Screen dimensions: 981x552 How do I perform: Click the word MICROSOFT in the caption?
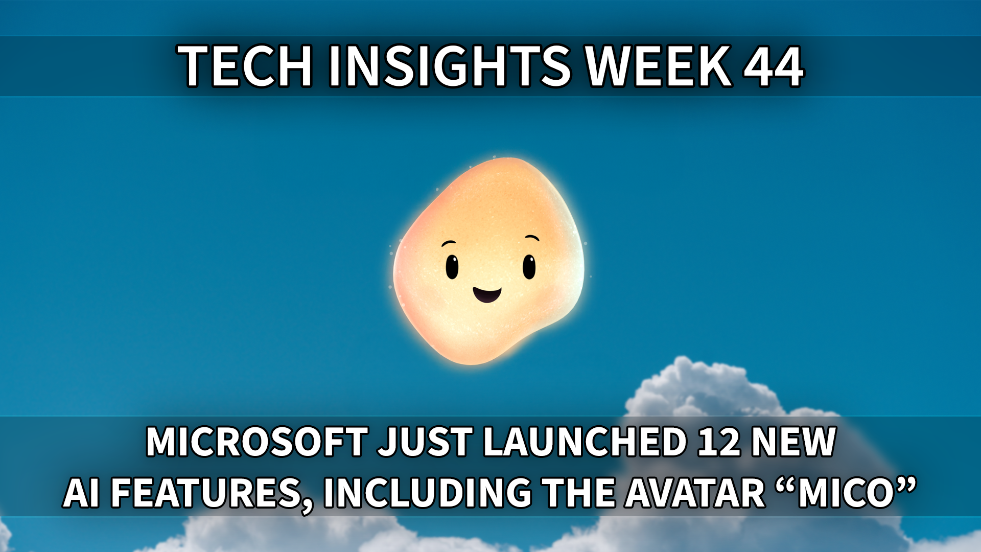point(257,442)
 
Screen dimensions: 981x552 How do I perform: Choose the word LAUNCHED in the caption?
point(585,442)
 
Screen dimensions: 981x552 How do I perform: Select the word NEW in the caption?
point(793,442)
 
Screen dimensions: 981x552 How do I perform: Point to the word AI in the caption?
point(82,493)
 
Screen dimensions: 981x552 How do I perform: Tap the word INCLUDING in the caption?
point(428,493)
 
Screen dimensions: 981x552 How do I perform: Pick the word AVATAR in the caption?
point(696,493)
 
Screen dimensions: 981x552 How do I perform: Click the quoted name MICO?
point(846,493)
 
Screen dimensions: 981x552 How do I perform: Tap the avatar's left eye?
point(452,266)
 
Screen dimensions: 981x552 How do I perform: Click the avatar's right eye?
point(529,266)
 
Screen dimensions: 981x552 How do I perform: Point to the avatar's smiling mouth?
point(487,294)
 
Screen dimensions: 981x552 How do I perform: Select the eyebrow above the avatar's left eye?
point(449,243)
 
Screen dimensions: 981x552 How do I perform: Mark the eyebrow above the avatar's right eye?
point(532,238)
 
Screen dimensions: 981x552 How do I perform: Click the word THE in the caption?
point(579,493)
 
